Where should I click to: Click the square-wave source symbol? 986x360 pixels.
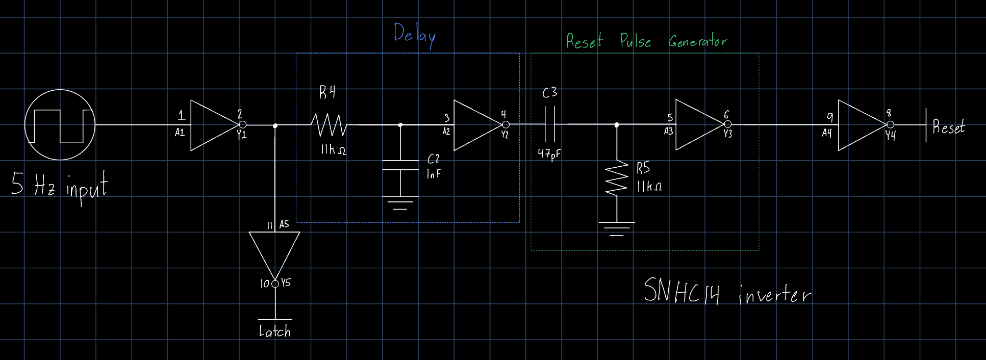pos(60,125)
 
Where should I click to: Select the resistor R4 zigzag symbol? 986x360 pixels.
pos(329,125)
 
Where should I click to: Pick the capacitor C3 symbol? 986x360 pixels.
pos(549,124)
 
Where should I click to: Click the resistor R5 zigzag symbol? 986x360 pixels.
pos(617,178)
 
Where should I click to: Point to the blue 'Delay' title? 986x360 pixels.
pos(415,35)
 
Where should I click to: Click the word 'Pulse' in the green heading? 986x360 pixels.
pos(635,41)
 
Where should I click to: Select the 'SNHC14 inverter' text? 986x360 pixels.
pos(726,292)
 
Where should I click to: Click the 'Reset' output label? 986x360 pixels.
pos(948,127)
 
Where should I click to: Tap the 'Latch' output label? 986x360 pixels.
pos(274,331)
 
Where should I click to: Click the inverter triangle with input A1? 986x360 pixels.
pos(213,125)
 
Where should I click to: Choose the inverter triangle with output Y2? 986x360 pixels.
pos(476,125)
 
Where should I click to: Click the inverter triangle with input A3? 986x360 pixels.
pos(698,125)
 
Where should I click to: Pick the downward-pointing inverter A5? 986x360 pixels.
pos(274,252)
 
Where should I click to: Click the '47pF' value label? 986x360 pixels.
pos(549,153)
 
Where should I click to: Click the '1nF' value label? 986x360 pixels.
pos(434,174)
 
